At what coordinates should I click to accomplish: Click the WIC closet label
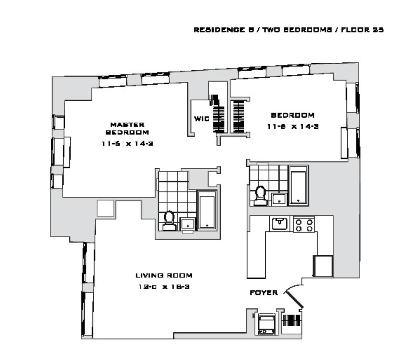(x=201, y=119)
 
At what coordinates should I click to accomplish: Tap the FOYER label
(x=264, y=293)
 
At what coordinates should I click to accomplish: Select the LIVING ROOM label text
(x=164, y=276)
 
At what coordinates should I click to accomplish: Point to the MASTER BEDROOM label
(x=127, y=128)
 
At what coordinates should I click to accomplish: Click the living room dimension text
(x=164, y=287)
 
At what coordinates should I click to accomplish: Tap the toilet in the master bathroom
(x=169, y=221)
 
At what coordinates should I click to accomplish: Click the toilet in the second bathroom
(x=260, y=196)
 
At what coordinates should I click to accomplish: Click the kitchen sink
(x=280, y=223)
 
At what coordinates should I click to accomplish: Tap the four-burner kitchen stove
(x=304, y=225)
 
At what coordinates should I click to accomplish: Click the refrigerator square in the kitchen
(x=323, y=266)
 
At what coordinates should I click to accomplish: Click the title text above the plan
(x=289, y=30)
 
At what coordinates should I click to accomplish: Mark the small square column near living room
(x=105, y=208)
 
